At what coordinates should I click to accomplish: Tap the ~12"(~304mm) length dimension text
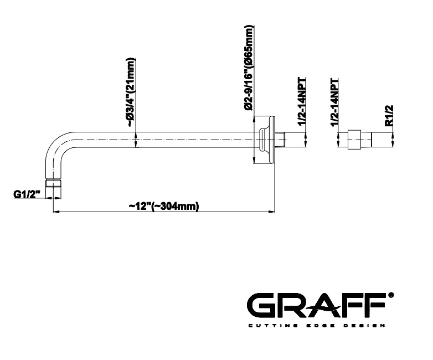coord(164,207)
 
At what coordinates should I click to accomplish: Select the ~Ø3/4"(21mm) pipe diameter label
coord(131,92)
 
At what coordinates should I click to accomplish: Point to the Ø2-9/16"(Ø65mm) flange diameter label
coord(249,68)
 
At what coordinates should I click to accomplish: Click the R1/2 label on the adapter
coord(389,116)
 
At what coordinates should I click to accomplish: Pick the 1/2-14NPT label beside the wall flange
coord(302,101)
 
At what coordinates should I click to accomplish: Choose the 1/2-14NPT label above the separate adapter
coord(334,102)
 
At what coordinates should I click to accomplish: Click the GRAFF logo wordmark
coord(316,305)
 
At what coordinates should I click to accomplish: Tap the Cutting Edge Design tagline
coord(317,326)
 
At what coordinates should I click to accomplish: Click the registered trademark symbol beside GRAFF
coord(391,295)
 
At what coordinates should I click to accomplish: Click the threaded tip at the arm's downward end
coord(53,184)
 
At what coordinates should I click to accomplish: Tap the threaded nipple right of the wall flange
coord(281,140)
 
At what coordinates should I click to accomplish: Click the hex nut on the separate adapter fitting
coord(354,140)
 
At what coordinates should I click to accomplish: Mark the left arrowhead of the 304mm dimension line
coord(55,212)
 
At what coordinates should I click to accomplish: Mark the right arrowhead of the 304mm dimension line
coord(272,212)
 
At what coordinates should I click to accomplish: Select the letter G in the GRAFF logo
coord(260,305)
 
